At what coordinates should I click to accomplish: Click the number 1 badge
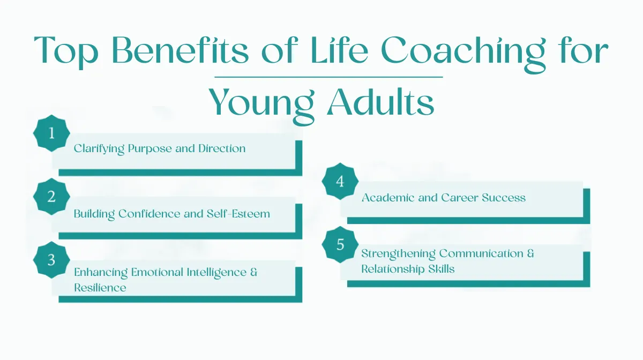tap(51, 133)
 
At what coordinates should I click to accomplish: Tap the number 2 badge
tap(51, 197)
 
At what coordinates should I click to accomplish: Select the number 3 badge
tap(51, 260)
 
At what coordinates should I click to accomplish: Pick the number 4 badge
tap(340, 182)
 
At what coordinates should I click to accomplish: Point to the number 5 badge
tap(340, 245)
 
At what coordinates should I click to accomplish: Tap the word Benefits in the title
tap(180, 50)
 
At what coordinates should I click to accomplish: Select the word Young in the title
tap(262, 105)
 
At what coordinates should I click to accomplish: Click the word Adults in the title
tap(381, 102)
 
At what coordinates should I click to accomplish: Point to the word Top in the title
tap(66, 52)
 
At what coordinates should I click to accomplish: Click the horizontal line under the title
tap(328, 77)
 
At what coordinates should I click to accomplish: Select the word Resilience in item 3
tap(100, 288)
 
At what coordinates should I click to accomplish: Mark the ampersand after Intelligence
tap(254, 272)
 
